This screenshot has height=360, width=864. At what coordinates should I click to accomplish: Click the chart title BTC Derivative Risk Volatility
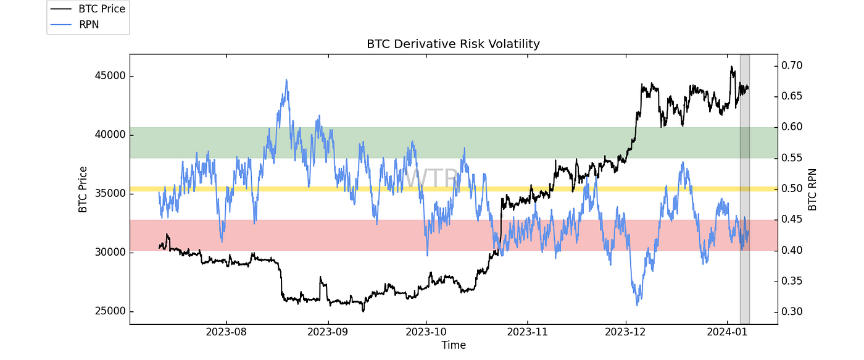[x=453, y=44]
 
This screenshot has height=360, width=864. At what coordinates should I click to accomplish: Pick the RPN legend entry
[x=88, y=24]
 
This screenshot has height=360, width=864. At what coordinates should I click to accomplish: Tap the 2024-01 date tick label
[x=726, y=332]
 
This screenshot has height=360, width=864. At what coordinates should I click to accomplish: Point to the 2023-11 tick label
[x=528, y=332]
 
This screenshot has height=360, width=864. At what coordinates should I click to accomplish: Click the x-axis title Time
[x=453, y=345]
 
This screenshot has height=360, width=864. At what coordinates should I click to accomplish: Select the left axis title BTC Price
[x=83, y=189]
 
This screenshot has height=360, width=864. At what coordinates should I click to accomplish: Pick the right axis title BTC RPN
[x=812, y=189]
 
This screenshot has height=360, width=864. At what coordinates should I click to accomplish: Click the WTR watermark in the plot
[x=432, y=178]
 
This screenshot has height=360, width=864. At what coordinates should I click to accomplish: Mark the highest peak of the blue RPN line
[x=286, y=80]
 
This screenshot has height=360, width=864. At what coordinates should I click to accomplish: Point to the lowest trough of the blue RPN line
[x=637, y=304]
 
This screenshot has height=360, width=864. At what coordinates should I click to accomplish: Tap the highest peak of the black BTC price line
[x=731, y=67]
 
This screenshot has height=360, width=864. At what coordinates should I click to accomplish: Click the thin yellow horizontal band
[x=370, y=188]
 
